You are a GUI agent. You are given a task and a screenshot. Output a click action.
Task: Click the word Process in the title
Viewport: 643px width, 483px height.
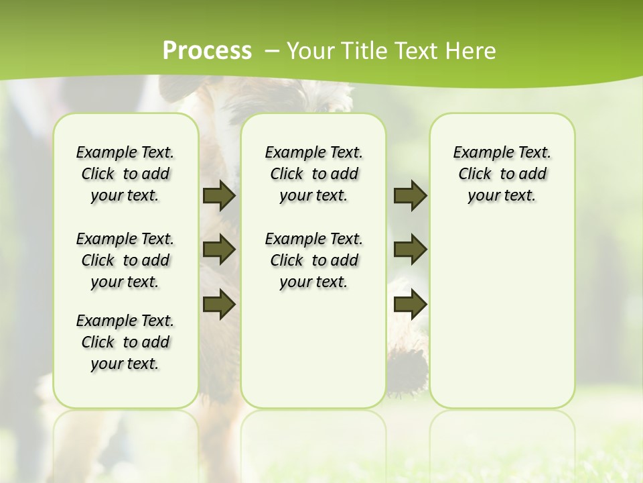tap(207, 51)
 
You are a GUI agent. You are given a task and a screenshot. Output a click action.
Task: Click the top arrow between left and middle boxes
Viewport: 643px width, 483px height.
tap(219, 196)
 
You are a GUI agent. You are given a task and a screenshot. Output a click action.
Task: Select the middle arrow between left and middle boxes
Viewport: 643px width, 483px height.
tap(219, 250)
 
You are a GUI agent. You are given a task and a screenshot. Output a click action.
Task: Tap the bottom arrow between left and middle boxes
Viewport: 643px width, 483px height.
tap(219, 304)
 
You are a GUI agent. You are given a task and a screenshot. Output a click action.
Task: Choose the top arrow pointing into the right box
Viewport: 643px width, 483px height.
tap(411, 196)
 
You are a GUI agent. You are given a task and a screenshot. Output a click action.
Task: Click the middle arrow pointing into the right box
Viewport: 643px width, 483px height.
tap(411, 250)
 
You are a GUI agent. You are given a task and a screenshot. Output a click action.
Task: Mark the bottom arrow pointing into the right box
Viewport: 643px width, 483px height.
tap(411, 304)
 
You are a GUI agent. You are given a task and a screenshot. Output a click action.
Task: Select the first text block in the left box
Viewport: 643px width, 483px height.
tap(125, 174)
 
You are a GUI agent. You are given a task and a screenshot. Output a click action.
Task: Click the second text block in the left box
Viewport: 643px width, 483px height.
tap(125, 260)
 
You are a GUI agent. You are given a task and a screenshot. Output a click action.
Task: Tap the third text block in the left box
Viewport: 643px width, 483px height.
tap(125, 342)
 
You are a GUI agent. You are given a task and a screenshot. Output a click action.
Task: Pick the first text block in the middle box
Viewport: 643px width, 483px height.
tap(313, 174)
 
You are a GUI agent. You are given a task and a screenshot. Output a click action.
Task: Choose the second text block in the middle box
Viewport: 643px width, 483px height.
tap(313, 260)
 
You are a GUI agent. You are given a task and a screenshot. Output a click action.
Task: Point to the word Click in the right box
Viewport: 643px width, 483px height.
tap(475, 174)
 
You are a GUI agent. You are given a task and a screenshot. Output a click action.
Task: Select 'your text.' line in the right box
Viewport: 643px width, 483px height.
tap(502, 196)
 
